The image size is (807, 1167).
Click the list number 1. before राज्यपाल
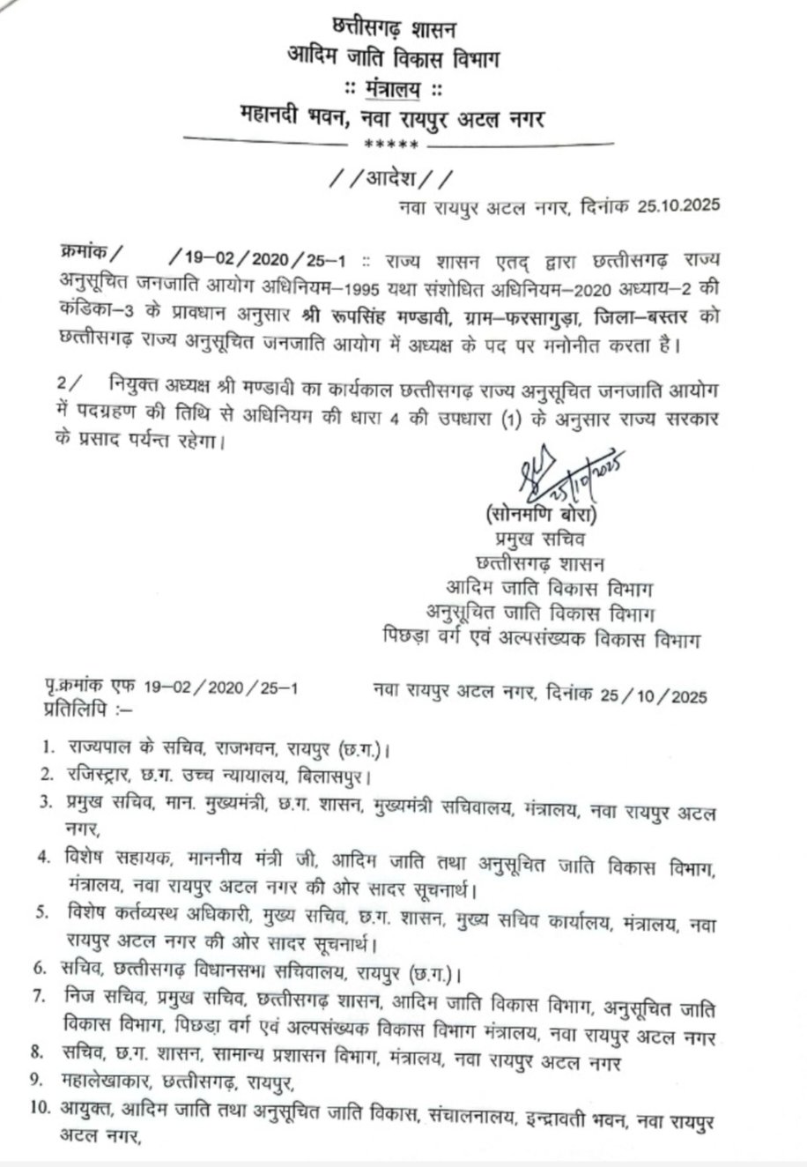49,748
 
